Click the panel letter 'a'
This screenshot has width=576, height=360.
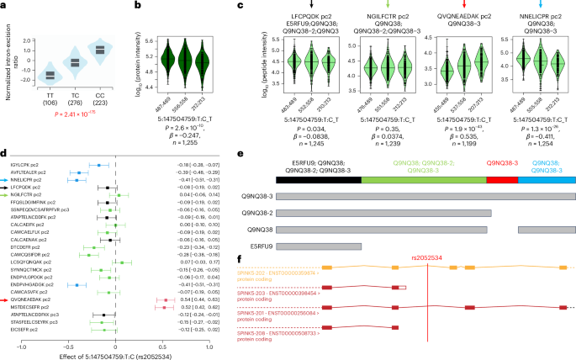tap(4, 5)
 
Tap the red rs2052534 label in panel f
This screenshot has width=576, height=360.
tap(428, 258)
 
